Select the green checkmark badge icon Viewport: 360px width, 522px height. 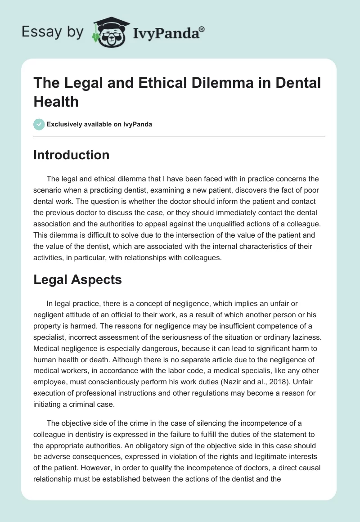(x=39, y=124)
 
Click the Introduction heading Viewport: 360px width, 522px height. (x=72, y=155)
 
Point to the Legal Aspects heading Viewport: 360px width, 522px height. (x=77, y=279)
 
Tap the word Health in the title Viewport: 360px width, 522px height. (x=56, y=101)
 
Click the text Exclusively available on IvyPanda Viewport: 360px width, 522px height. (x=99, y=124)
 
